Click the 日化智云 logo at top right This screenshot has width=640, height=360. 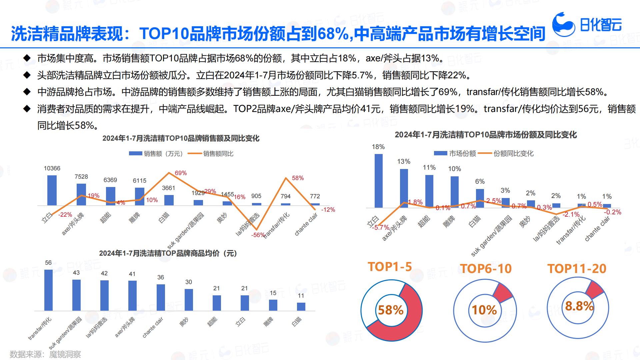tap(587, 24)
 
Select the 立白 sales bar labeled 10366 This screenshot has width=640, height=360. tap(52, 190)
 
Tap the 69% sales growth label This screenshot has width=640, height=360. tap(181, 173)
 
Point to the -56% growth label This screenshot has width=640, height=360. tap(258, 235)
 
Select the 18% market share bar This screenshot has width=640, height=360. tap(379, 181)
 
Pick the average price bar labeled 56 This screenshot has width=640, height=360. tap(48, 290)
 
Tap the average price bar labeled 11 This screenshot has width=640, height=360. tap(301, 306)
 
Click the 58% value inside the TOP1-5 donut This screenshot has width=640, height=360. tap(391, 310)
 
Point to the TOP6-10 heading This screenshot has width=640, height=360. tap(486, 269)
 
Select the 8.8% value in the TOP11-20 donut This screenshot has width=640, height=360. tap(579, 306)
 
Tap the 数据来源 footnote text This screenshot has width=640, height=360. tap(45, 354)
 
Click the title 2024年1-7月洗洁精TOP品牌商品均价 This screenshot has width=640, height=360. tap(168, 253)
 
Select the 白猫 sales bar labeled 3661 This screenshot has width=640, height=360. tap(169, 200)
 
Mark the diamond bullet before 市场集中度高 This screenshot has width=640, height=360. tap(27, 58)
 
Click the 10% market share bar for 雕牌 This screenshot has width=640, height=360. tap(455, 192)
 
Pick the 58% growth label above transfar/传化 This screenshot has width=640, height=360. tap(298, 178)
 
